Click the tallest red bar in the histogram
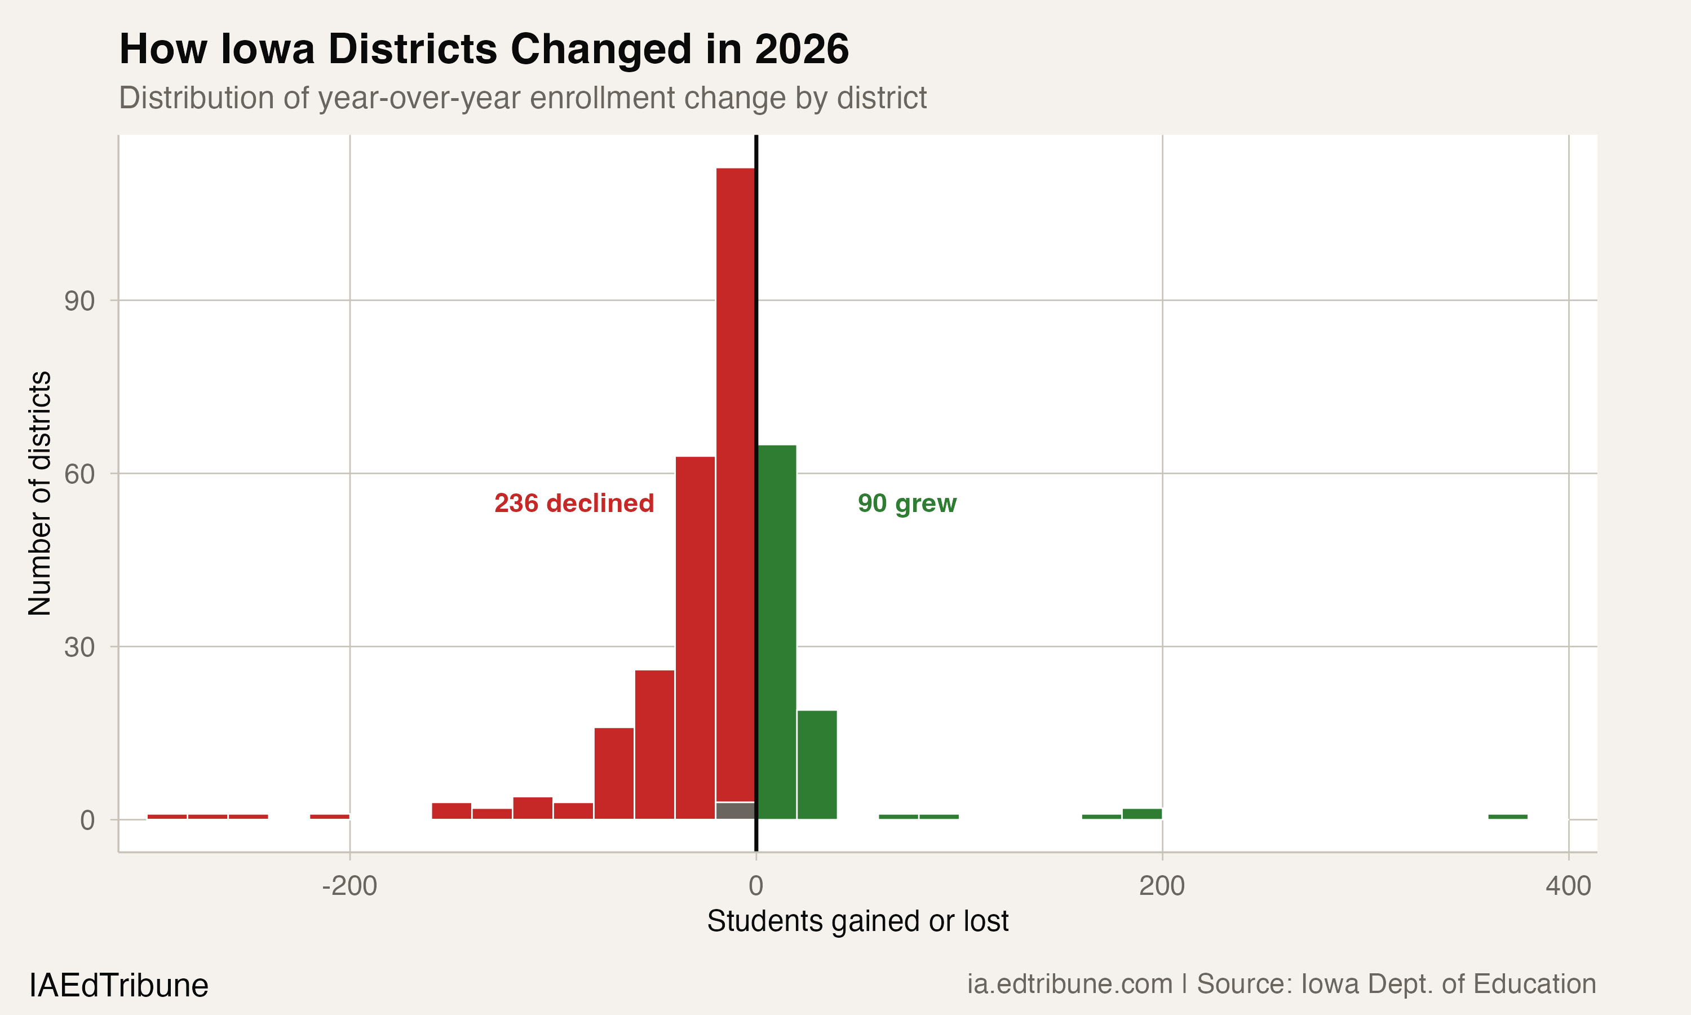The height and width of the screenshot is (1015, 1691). pos(736,479)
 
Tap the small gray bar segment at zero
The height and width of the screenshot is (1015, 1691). pos(736,810)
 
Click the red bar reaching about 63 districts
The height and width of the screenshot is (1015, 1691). pos(695,636)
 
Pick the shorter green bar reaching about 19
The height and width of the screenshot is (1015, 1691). pos(817,764)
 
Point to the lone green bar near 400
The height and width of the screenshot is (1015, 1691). pos(1508,817)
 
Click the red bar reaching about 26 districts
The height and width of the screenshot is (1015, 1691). pos(654,744)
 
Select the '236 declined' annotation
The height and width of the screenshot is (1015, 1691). pos(574,504)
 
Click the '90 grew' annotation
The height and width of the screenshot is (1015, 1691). pos(907,504)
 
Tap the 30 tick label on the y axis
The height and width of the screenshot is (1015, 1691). pos(79,647)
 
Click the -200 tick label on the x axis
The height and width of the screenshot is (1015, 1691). pos(349,886)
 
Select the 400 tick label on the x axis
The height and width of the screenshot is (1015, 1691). pos(1568,886)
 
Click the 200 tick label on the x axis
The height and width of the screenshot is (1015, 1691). pos(1162,886)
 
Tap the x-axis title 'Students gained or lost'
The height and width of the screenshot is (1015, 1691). pos(857,921)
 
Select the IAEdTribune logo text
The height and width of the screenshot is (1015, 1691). pos(119,986)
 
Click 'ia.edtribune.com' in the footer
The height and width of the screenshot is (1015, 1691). pos(1070,984)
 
